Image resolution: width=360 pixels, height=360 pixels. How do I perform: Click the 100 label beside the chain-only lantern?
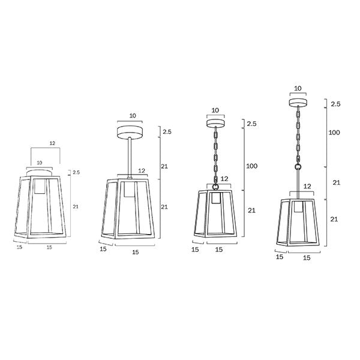(x=251, y=166)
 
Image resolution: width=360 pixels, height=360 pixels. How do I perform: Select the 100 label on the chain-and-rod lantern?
(x=334, y=133)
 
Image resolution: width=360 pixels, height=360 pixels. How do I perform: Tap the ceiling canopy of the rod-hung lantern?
(x=130, y=132)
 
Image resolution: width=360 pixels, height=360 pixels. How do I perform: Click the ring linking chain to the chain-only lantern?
(x=215, y=187)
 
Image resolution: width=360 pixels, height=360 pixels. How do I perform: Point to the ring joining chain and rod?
(x=298, y=167)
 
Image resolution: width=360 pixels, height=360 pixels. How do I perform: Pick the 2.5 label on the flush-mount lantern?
(x=76, y=172)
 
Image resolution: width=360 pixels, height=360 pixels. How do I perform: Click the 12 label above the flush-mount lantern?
(x=52, y=143)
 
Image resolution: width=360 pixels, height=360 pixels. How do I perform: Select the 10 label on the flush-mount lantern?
(x=40, y=163)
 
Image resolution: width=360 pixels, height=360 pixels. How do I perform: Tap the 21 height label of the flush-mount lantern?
(x=76, y=206)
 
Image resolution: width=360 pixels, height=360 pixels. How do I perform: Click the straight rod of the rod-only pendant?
(x=130, y=157)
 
